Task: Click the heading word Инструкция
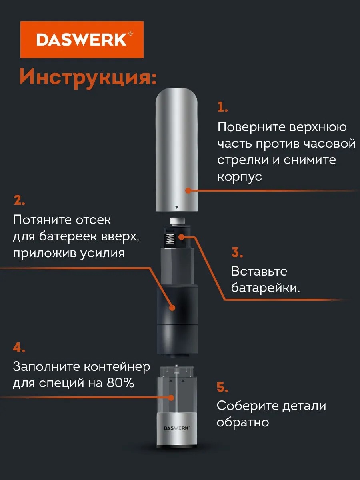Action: (x=88, y=77)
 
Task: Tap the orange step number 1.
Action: (x=222, y=107)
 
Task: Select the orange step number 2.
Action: (x=19, y=200)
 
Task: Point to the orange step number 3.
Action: (x=237, y=252)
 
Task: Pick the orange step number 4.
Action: (x=19, y=348)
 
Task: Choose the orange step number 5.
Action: (x=222, y=387)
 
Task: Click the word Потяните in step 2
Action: (x=42, y=220)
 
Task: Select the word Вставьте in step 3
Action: (x=259, y=271)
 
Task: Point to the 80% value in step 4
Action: (x=120, y=383)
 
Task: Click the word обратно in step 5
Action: (x=243, y=422)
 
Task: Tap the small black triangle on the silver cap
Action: (x=177, y=207)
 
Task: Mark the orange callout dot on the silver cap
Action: (x=188, y=190)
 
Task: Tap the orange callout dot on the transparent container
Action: (x=171, y=398)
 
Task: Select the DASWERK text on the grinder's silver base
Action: (x=177, y=428)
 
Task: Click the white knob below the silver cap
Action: (x=177, y=221)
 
